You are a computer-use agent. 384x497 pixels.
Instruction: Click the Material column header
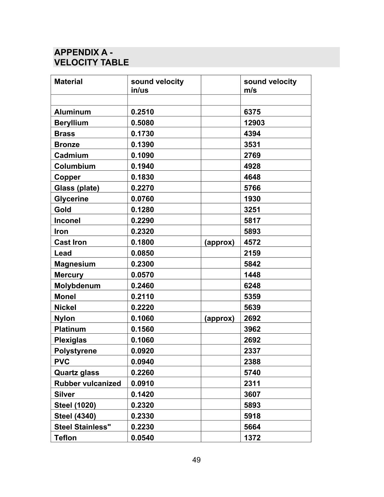click(x=68, y=82)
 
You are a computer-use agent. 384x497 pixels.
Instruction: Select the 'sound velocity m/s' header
click(x=270, y=86)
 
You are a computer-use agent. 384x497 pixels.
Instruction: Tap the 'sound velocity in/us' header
click(x=157, y=86)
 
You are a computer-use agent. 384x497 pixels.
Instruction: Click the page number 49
click(x=196, y=460)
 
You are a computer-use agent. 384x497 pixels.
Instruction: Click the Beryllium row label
click(x=71, y=123)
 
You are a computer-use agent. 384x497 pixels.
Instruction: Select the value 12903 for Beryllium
click(x=254, y=123)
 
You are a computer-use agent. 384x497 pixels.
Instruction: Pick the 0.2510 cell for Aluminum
click(x=142, y=112)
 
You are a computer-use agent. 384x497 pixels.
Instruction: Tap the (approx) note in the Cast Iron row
click(x=219, y=242)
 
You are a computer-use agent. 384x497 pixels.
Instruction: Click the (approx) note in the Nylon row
click(x=219, y=318)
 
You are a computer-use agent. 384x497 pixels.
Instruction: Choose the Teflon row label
click(x=65, y=438)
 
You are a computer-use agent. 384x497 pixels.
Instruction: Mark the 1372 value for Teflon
click(x=252, y=438)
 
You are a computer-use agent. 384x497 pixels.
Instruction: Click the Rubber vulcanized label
click(x=87, y=384)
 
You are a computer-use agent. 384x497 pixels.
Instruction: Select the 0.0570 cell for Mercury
click(x=142, y=275)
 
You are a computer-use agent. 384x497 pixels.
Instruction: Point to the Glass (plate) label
click(x=77, y=188)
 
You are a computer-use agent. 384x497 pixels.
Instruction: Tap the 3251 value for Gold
click(x=252, y=210)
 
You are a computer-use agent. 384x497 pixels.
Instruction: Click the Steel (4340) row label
click(x=75, y=416)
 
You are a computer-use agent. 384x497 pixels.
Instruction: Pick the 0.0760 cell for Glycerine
click(x=142, y=199)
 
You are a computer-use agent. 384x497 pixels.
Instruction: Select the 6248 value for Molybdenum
click(x=252, y=286)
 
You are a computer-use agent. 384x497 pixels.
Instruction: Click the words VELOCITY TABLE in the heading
click(x=91, y=62)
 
